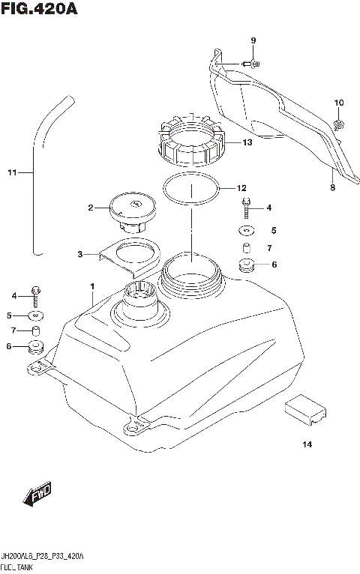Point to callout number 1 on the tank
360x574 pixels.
pyautogui.click(x=92, y=286)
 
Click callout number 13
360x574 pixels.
pyautogui.click(x=247, y=142)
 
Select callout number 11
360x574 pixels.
pyautogui.click(x=11, y=174)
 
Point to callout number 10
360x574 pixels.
pyautogui.click(x=338, y=103)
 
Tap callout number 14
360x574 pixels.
pyautogui.click(x=306, y=445)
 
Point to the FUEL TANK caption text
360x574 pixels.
pyautogui.click(x=17, y=568)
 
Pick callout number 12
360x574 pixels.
pyautogui.click(x=241, y=188)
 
